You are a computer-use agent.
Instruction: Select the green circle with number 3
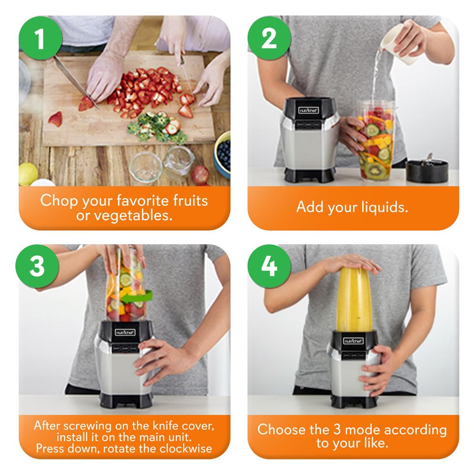click(x=37, y=267)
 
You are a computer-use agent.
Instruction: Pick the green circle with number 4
click(x=269, y=267)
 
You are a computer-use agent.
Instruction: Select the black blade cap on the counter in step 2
click(x=427, y=170)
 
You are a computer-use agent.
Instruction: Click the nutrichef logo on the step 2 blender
click(x=308, y=110)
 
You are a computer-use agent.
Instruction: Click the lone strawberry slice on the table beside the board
click(x=55, y=119)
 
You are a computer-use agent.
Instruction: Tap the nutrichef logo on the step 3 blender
click(x=125, y=332)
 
